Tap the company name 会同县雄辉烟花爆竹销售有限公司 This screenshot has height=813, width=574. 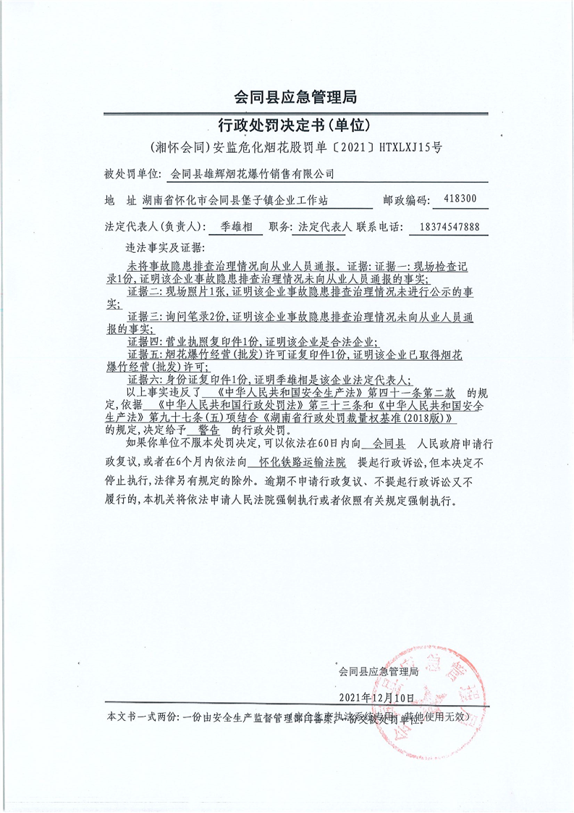252,174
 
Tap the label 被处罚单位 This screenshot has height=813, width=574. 131,175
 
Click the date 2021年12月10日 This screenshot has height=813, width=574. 377,697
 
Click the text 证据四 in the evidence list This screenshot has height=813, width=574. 144,341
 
